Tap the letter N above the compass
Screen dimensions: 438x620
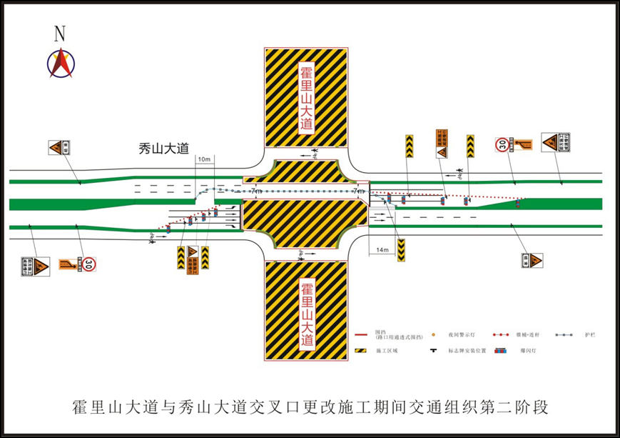coord(60,33)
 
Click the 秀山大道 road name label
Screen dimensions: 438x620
coord(163,149)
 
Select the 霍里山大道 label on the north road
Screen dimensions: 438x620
coord(306,99)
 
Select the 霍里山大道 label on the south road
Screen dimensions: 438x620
coord(306,314)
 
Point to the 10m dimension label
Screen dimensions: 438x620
coord(204,158)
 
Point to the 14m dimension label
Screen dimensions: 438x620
coord(382,250)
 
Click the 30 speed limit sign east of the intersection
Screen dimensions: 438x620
coord(503,146)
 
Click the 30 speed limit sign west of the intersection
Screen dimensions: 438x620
coord(88,264)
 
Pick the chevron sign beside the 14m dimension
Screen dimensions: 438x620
coord(402,248)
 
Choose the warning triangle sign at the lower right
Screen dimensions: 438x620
coord(532,260)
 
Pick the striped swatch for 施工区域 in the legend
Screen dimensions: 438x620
coord(362,351)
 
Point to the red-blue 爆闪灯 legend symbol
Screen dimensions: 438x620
coord(502,351)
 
